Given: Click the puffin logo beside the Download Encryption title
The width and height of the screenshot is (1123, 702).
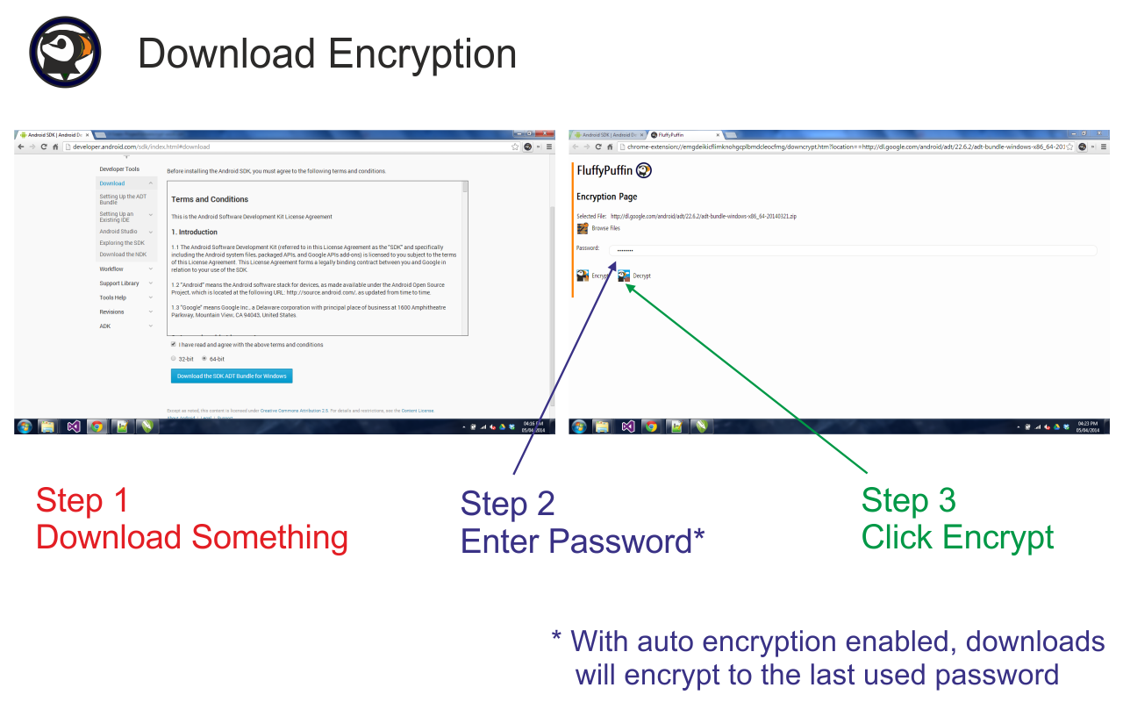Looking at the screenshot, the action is pyautogui.click(x=65, y=52).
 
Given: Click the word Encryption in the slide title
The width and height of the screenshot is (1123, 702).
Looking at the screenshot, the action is pyautogui.click(x=421, y=54).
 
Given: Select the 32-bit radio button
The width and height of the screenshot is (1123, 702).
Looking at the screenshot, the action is pyautogui.click(x=173, y=359).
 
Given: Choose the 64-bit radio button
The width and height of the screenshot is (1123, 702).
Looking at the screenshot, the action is pyautogui.click(x=204, y=359).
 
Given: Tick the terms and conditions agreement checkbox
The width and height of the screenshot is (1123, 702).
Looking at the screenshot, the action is pyautogui.click(x=173, y=345).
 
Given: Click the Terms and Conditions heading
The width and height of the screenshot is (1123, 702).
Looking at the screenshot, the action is pyautogui.click(x=210, y=199).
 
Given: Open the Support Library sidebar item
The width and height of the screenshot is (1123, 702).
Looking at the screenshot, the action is pyautogui.click(x=119, y=283).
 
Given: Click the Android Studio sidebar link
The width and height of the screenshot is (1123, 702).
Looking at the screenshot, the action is pyautogui.click(x=118, y=232).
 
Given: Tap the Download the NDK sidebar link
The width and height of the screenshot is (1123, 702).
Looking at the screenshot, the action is pyautogui.click(x=123, y=254).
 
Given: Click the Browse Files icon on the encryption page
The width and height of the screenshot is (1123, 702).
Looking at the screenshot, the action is pyautogui.click(x=583, y=228).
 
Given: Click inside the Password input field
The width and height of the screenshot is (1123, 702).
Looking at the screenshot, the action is pyautogui.click(x=851, y=250).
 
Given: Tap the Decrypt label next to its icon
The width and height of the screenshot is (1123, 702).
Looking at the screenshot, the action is pyautogui.click(x=641, y=276).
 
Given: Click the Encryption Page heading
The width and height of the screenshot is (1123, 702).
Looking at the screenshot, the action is pyautogui.click(x=606, y=197).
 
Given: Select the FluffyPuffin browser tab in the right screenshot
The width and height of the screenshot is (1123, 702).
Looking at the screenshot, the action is pyautogui.click(x=680, y=135).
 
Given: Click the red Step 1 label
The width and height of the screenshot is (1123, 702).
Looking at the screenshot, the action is pyautogui.click(x=82, y=500).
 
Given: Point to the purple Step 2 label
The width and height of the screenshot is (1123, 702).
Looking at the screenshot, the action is pyautogui.click(x=508, y=504).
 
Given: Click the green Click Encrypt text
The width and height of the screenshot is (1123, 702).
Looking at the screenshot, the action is pyautogui.click(x=957, y=537).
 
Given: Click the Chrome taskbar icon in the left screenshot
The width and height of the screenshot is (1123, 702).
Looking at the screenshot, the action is pyautogui.click(x=97, y=426).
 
